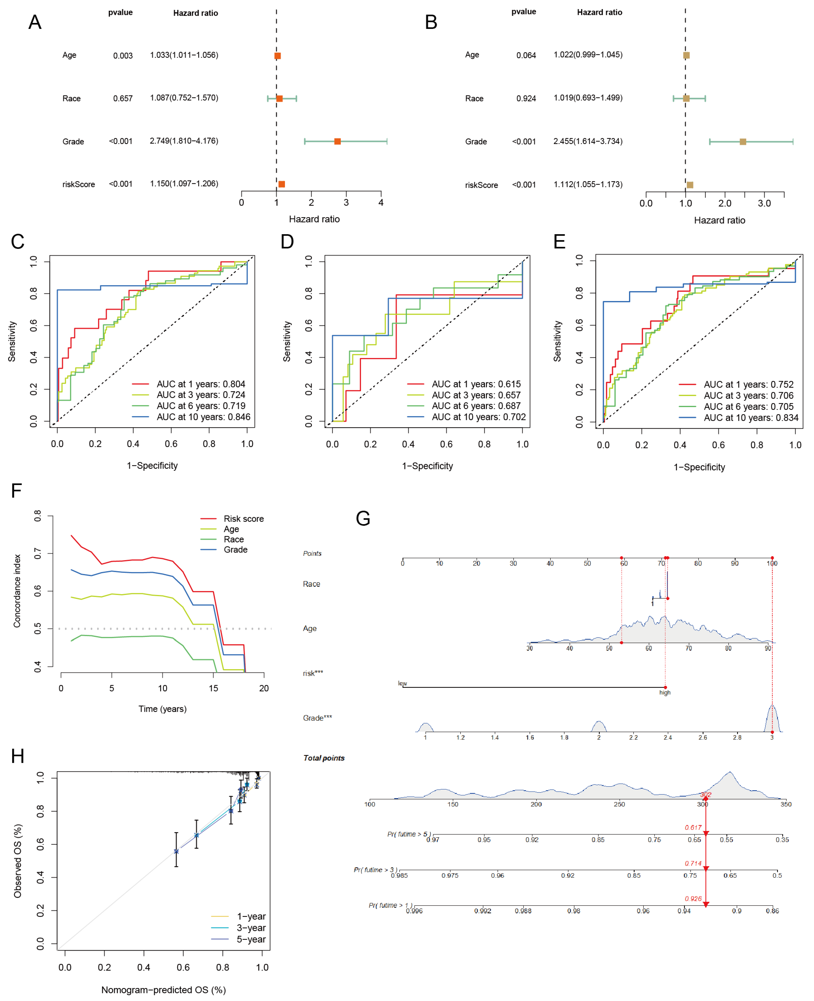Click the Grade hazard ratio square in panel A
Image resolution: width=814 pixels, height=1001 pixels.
coord(337,141)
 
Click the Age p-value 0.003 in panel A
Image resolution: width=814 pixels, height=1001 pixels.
coord(123,56)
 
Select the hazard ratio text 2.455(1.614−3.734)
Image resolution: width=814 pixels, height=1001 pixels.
coord(588,141)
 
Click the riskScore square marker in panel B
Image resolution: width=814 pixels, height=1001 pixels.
coord(690,185)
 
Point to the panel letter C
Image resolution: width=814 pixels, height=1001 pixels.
coord(18,242)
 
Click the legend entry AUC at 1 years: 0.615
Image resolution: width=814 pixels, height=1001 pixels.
coord(476,384)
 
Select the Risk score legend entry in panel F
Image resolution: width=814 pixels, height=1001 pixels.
coord(243,519)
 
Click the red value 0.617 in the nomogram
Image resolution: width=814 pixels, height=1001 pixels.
coord(693,828)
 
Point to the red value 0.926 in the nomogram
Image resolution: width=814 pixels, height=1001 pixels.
coord(693,899)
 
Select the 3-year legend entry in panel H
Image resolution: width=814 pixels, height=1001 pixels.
coord(251,928)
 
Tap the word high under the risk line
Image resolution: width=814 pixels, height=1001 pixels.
coord(665,693)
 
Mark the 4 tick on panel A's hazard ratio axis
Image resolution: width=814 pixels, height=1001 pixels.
coord(381,203)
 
